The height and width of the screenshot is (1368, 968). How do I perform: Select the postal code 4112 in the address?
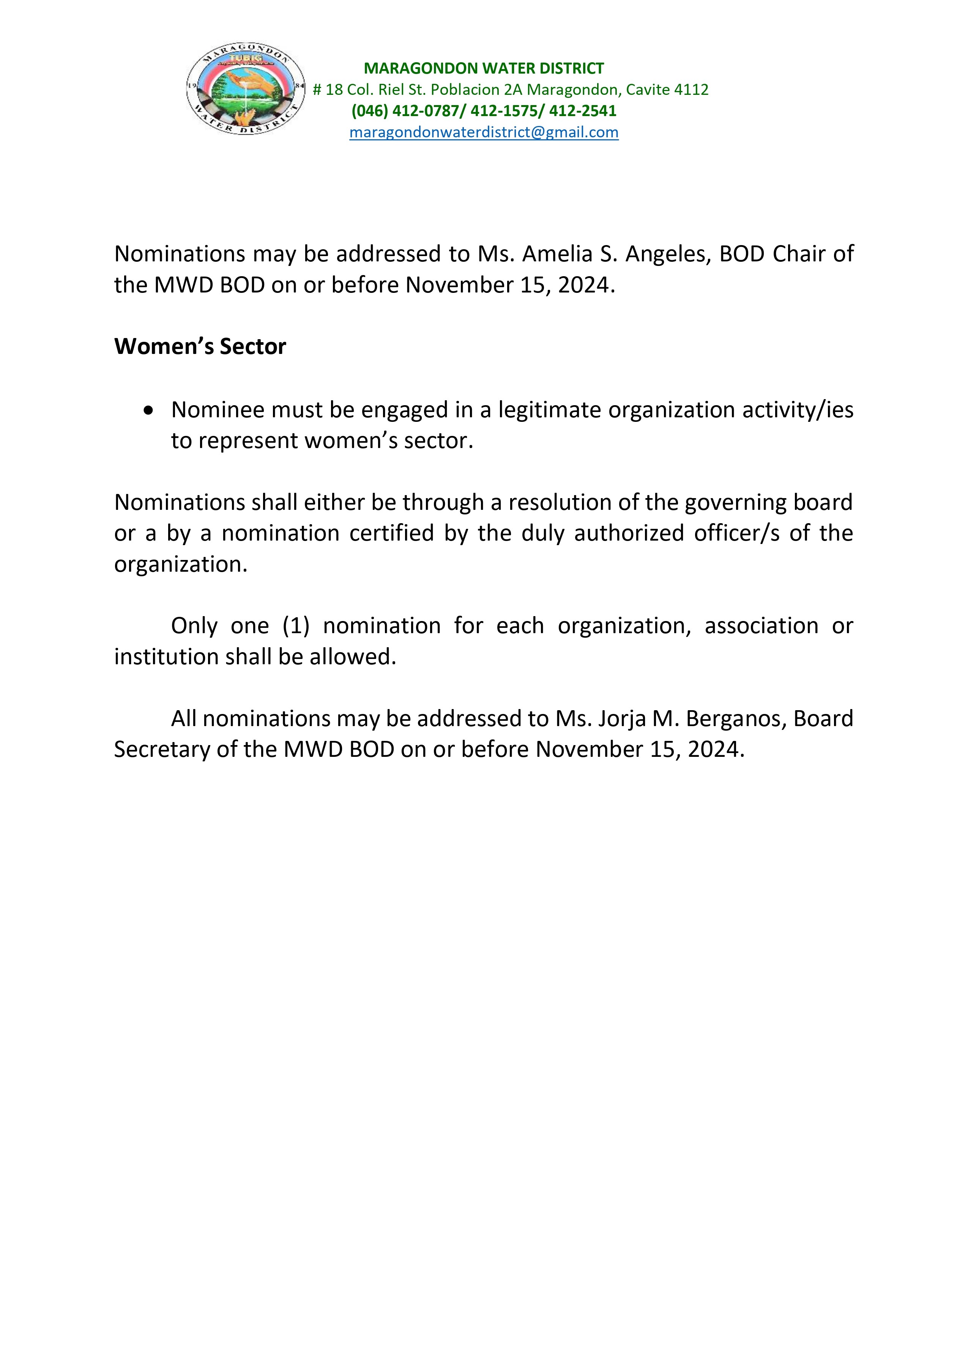691,90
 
